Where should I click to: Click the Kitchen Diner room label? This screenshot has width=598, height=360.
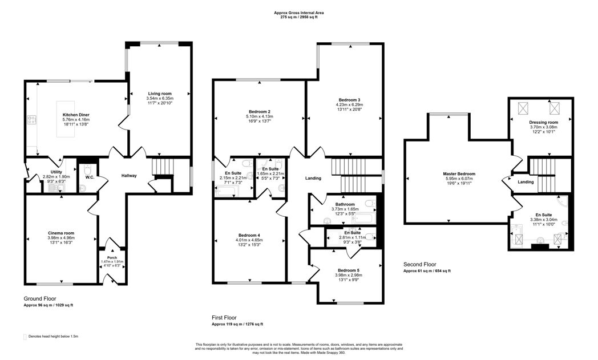tap(75, 115)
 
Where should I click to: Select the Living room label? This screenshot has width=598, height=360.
tap(160, 94)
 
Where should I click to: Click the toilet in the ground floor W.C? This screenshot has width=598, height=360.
tap(86, 171)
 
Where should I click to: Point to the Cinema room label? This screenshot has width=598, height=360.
tap(61, 233)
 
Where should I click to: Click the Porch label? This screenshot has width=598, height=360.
tap(112, 257)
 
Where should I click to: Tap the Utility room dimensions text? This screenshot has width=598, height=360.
tap(57, 177)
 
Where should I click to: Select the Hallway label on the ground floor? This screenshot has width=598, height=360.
tap(129, 175)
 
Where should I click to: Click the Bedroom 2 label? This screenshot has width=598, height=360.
tap(259, 111)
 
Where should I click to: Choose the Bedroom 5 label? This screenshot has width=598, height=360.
tap(348, 270)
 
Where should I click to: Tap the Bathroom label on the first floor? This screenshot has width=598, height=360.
tap(345, 204)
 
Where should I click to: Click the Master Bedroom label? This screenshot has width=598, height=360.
tap(459, 174)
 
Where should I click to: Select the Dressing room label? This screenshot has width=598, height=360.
tap(542, 122)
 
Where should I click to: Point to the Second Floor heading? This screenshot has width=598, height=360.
tap(419, 264)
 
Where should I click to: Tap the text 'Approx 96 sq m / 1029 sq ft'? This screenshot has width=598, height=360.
tap(48, 306)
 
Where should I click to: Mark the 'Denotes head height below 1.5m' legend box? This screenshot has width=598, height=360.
tap(25, 337)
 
